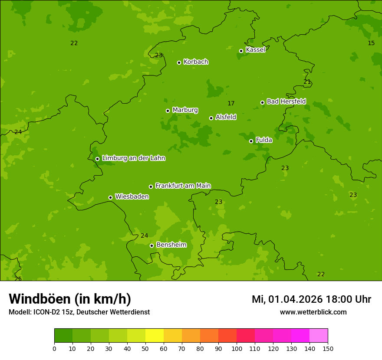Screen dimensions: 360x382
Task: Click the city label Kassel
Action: tap(255, 50)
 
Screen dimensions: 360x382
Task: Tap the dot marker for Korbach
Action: tap(179, 62)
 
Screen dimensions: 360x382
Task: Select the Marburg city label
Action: tap(185, 110)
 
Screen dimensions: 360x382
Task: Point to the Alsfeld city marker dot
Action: tap(211, 118)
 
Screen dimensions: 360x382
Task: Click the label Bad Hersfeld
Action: tap(286, 101)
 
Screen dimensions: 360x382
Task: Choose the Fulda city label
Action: tap(264, 140)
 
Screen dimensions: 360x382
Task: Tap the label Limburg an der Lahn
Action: tap(133, 158)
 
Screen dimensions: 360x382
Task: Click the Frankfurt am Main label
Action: tap(183, 186)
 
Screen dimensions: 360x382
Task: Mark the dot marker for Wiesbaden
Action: tap(110, 197)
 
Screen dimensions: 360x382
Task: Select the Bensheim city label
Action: tap(171, 245)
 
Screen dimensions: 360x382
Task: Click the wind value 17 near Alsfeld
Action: tap(231, 103)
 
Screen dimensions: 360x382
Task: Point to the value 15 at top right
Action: tap(371, 43)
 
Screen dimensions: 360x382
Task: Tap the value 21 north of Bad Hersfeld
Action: tap(307, 82)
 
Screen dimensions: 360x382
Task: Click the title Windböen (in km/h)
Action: tap(70, 299)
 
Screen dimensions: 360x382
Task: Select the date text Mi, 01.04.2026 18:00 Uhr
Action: tap(311, 299)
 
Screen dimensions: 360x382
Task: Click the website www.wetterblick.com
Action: tap(313, 312)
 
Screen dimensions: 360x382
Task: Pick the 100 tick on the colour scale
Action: tap(237, 348)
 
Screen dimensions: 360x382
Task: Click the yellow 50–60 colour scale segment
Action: tap(155, 336)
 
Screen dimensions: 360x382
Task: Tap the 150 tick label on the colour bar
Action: tap(328, 348)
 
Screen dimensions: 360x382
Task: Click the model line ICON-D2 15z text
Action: tap(79, 312)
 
